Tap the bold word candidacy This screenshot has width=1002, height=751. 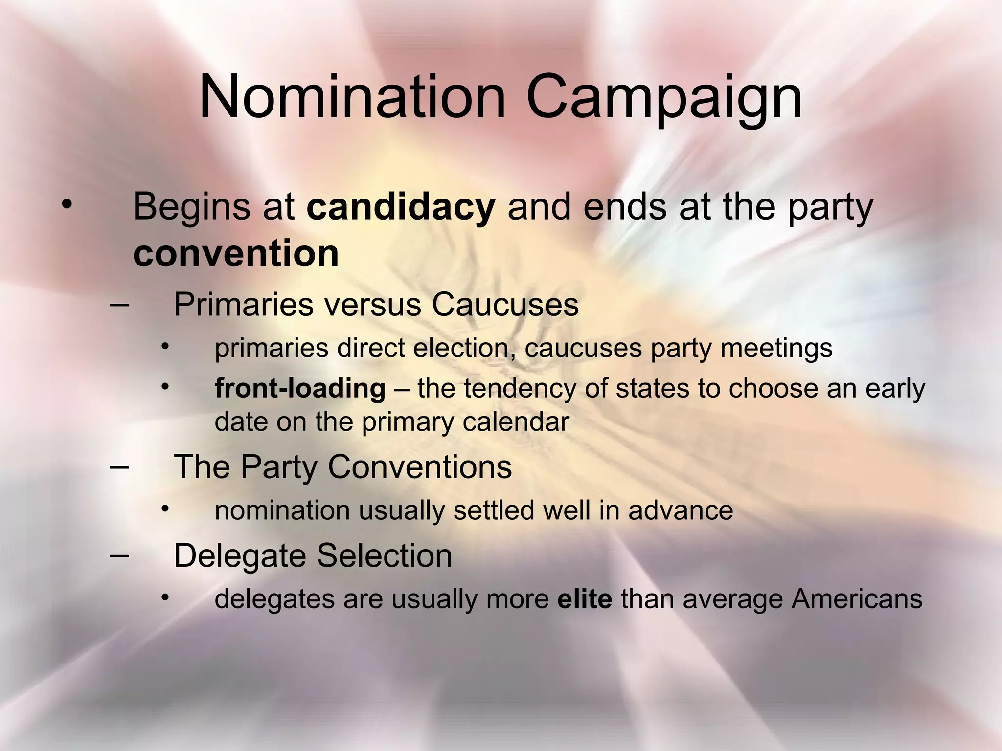pos(401,207)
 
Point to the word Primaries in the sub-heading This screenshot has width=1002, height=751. pos(243,305)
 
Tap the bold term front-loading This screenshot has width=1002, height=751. pos(300,389)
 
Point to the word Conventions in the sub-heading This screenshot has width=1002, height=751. pos(420,466)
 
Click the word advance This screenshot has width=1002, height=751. pos(681,510)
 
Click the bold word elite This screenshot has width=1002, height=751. pos(585,599)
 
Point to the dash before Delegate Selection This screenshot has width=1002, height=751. pos(119,555)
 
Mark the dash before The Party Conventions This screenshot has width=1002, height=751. pos(119,466)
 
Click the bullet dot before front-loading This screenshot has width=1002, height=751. pos(165,387)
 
